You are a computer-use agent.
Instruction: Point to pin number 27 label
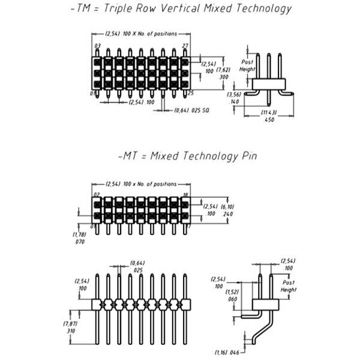click(186, 46)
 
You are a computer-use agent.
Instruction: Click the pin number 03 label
click(97, 46)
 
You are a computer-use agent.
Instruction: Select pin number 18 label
click(186, 194)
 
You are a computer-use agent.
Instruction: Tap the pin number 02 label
click(97, 194)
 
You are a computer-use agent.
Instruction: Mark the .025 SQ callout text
click(199, 110)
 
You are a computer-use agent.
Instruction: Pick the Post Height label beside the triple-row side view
click(247, 65)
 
